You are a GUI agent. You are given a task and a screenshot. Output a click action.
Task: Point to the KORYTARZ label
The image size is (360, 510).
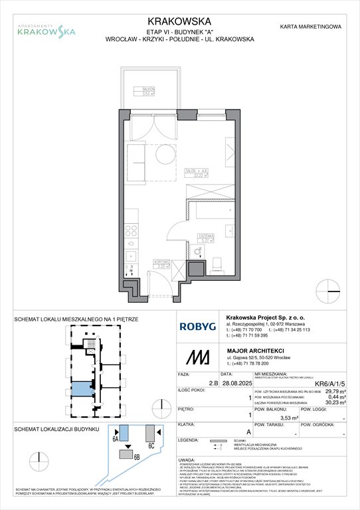[x=159, y=264]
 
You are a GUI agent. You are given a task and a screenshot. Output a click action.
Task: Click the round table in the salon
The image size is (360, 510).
[x=163, y=156]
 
